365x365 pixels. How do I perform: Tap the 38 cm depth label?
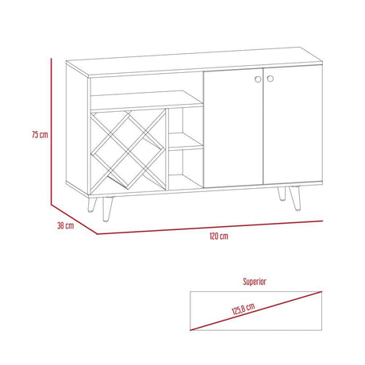tap(65, 225)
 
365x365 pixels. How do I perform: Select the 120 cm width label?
tap(219, 236)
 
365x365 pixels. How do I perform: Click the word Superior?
tap(254, 282)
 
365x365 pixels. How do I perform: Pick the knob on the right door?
tap(269, 79)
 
